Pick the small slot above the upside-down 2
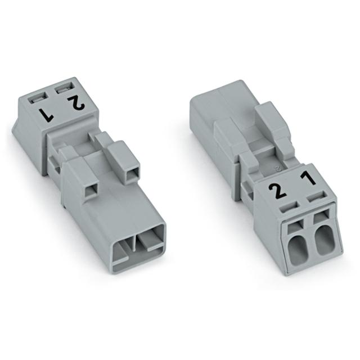pos(63,87)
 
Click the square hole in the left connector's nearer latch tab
pos(88,192)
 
